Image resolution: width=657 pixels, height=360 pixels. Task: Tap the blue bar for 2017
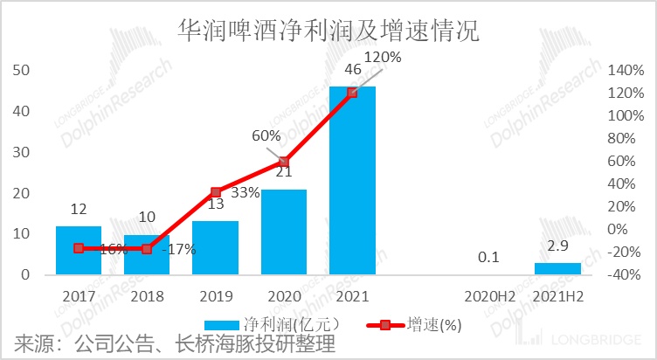coord(79,251)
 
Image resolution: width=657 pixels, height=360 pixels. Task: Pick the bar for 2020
coord(284,232)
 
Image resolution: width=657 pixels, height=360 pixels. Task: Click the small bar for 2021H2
coord(557,269)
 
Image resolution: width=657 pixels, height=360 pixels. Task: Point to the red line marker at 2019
coord(216,191)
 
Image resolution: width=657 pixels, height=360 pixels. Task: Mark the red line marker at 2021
coord(352,93)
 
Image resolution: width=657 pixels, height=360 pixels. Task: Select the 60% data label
coord(266,136)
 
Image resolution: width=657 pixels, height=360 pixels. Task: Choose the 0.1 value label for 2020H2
coord(488,258)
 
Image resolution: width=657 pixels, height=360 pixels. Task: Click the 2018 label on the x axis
coord(147,296)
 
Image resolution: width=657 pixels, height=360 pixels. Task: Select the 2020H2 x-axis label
coord(488,296)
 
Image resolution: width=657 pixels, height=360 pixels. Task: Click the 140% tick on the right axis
coord(624,71)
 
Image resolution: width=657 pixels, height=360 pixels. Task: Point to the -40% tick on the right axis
coord(624,274)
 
